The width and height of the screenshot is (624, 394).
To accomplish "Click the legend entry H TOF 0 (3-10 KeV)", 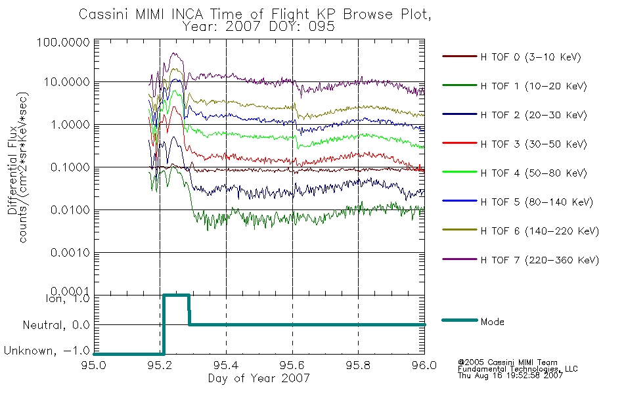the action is (x=531, y=57).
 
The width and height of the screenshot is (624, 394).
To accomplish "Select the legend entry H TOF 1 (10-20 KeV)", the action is (x=533, y=86).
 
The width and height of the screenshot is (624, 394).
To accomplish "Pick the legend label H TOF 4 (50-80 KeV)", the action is (x=533, y=173).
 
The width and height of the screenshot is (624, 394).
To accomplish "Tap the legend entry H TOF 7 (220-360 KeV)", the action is (x=539, y=260).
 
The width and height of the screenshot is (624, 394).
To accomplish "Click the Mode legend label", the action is (x=492, y=322).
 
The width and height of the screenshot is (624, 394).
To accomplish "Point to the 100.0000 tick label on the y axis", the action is (x=63, y=42).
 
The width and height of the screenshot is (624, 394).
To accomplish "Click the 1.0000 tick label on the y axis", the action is (x=70, y=125).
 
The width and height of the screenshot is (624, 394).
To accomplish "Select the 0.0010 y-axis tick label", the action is (x=70, y=253).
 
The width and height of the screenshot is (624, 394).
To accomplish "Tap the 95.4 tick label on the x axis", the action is (x=226, y=365).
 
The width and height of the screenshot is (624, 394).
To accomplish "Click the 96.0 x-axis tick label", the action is (x=424, y=365).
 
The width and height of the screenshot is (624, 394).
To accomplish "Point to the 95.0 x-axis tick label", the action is (x=94, y=365).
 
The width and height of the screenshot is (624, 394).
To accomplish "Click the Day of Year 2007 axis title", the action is (x=259, y=378).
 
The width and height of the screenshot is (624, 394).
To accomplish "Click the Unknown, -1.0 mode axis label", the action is (x=47, y=351).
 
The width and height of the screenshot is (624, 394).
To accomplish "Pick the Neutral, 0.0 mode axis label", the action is (x=56, y=325).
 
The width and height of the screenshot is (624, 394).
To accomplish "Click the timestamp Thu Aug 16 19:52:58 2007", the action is (x=510, y=376).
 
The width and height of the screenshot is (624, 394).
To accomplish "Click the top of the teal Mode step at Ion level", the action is (x=176, y=295).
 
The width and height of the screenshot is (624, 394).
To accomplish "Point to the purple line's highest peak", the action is (x=174, y=53).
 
